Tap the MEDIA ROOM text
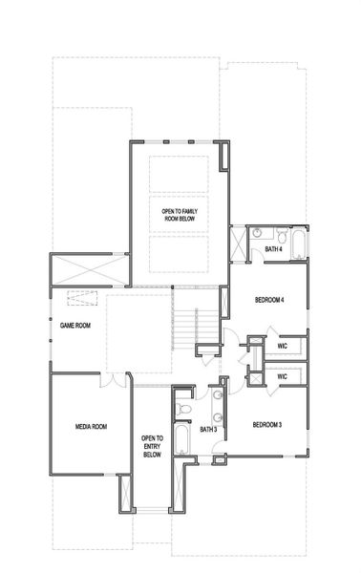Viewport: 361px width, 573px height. coord(90,426)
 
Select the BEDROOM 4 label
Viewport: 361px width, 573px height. coord(270,300)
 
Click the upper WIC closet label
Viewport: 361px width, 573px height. coord(283,345)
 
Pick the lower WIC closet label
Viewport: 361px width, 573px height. coord(283,376)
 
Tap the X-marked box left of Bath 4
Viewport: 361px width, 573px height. coord(239,243)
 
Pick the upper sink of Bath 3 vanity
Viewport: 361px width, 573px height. coord(219,393)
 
